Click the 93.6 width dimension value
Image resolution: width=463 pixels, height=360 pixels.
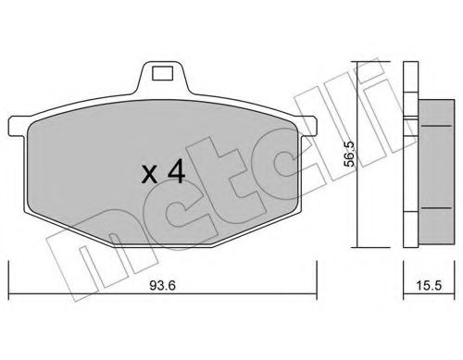click(163, 285)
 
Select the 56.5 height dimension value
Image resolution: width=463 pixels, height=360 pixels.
click(349, 155)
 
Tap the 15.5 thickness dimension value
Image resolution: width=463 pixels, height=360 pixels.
click(429, 285)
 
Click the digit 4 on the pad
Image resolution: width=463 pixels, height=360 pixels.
click(176, 173)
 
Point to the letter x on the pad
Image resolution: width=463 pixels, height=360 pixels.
click(149, 176)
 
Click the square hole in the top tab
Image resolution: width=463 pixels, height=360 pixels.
click(162, 74)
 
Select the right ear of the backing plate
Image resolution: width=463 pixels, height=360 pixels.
click(307, 126)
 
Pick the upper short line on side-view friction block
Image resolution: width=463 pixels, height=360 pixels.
click(436, 126)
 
